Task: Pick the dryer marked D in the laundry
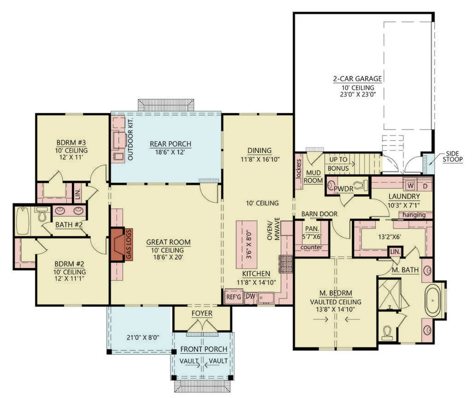click(x=425, y=185)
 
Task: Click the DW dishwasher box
click(x=250, y=296)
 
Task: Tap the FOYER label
click(x=202, y=314)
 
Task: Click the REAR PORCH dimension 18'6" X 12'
click(x=170, y=153)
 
